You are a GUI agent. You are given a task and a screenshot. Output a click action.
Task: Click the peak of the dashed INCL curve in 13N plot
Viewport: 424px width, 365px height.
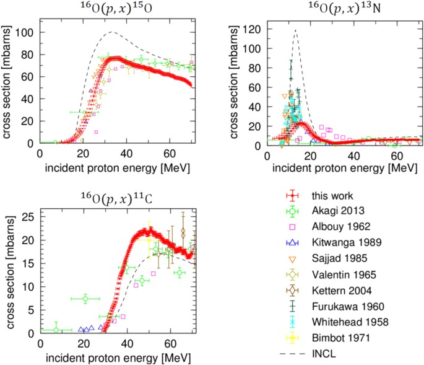[x=296, y=30]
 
